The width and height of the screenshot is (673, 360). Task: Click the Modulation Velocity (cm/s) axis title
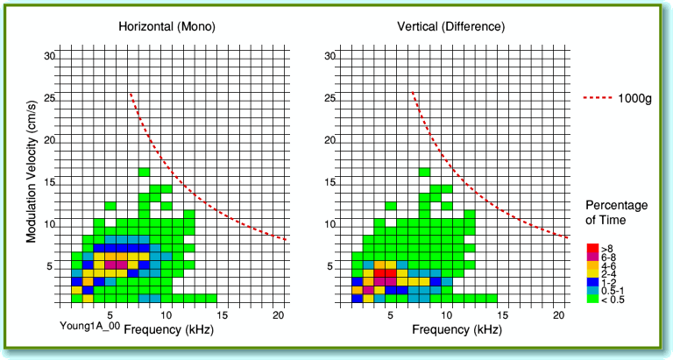(32, 172)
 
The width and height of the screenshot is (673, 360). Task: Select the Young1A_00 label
(88, 326)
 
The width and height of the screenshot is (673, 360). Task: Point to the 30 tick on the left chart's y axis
(50, 56)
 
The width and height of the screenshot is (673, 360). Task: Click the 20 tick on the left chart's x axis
(277, 314)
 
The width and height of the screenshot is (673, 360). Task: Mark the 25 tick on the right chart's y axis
(330, 98)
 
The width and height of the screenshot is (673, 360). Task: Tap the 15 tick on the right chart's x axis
(503, 314)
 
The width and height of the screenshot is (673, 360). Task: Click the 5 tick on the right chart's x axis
(391, 314)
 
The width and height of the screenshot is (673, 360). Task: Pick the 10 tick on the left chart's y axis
(50, 225)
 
